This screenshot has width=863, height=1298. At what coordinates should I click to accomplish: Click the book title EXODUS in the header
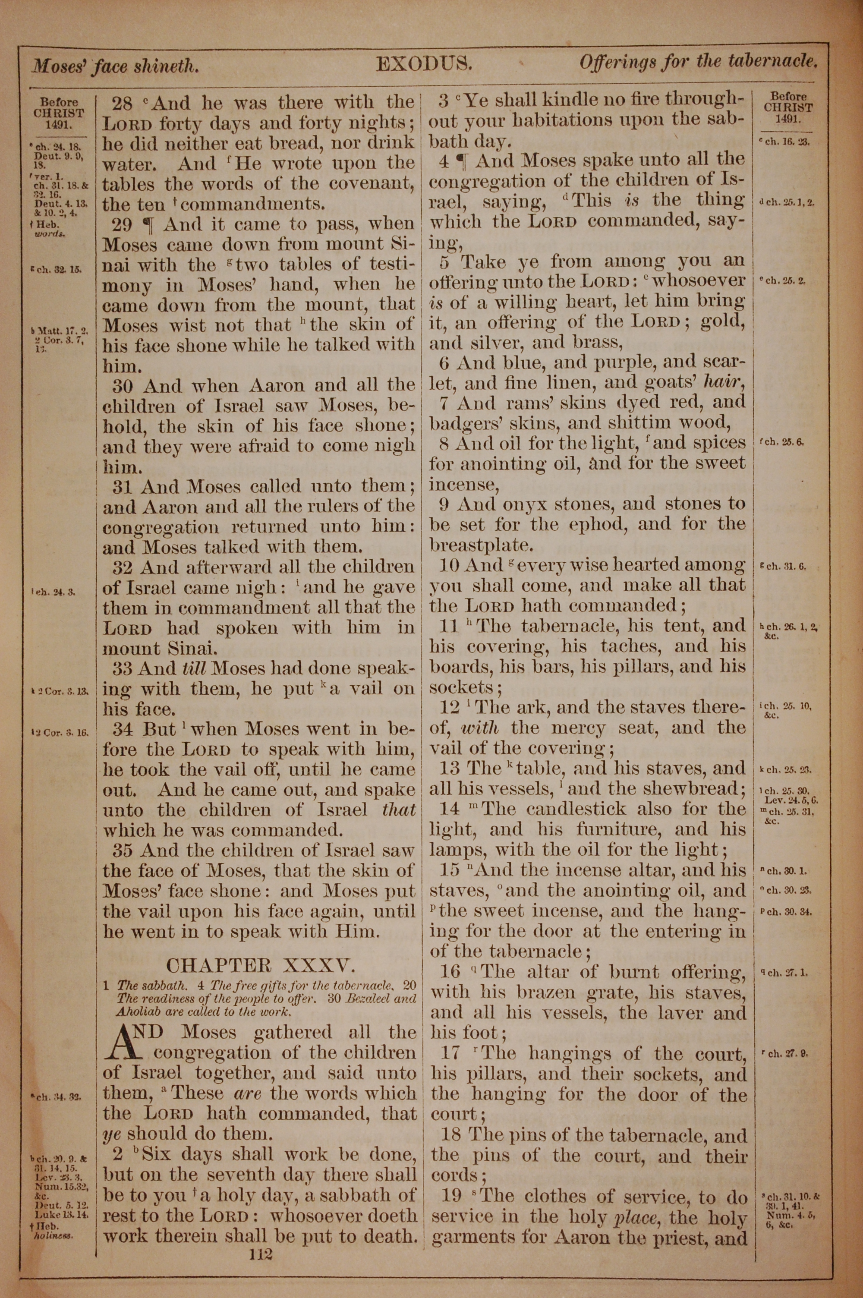point(424,65)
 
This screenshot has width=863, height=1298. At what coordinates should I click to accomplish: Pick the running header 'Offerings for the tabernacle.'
point(697,62)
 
